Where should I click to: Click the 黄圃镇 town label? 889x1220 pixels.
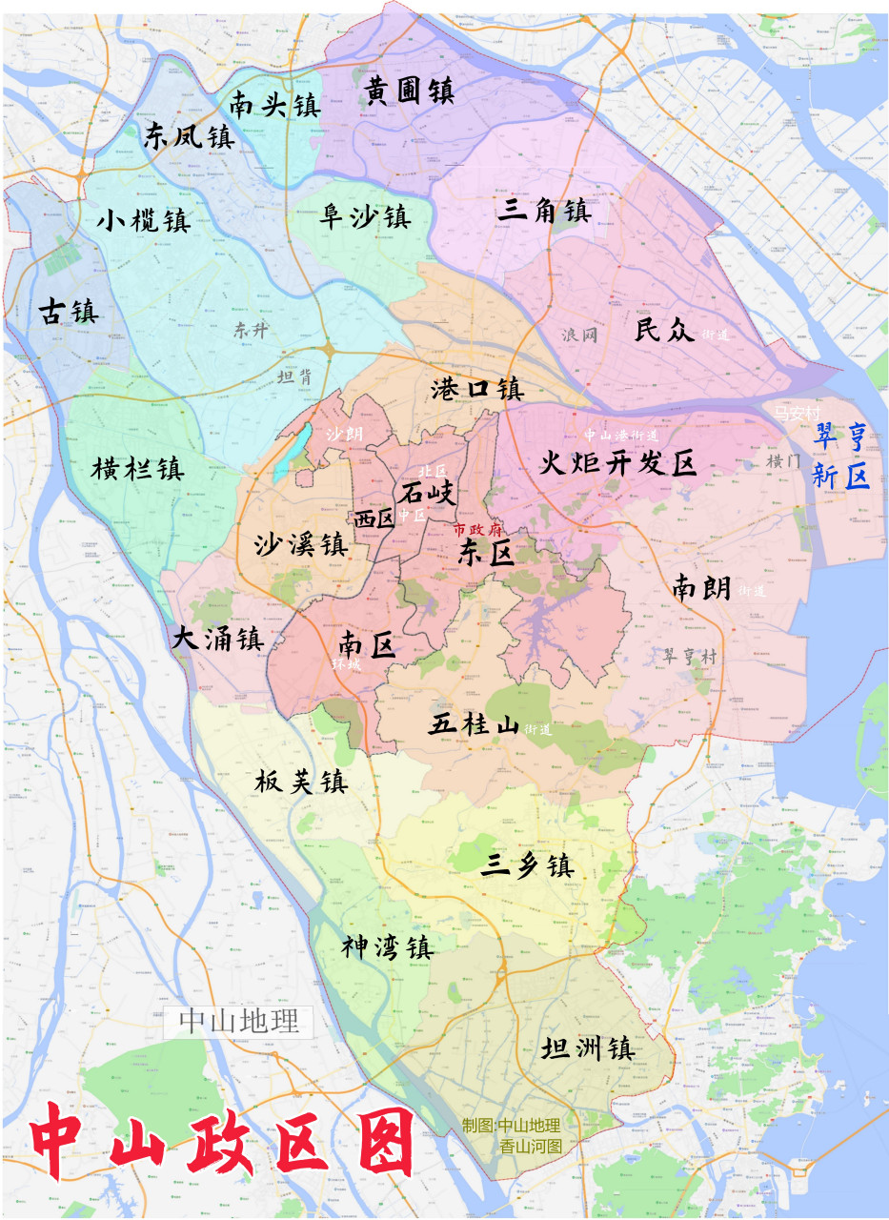point(409,91)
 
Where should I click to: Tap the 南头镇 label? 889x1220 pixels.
point(274,104)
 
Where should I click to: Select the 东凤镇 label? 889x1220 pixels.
point(189,136)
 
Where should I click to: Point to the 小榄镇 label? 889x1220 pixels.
point(144,221)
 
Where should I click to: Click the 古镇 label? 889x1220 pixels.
point(68,311)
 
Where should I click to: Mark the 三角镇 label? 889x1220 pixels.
point(545,211)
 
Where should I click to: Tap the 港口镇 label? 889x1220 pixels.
point(477,389)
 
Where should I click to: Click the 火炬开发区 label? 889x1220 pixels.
point(618,464)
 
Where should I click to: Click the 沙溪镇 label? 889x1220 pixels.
point(300,545)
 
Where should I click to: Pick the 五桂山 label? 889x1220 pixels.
point(474,725)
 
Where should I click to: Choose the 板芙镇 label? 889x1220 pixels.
point(301,783)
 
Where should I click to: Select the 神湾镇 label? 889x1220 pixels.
point(388,947)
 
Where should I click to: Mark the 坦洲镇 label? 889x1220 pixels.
point(587,1049)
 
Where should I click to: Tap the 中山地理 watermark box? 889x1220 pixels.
point(239,1022)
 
